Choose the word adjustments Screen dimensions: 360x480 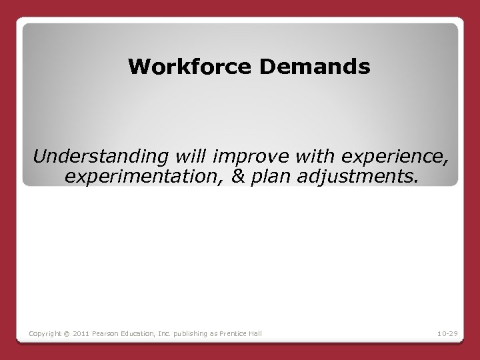tap(353, 177)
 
